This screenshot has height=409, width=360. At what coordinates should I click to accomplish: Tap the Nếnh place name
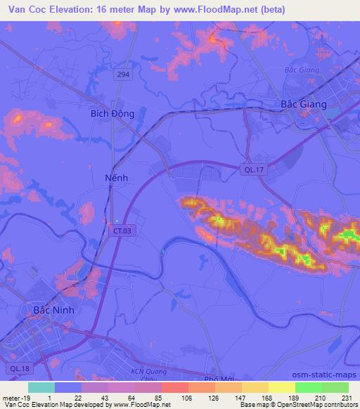[x=116, y=178]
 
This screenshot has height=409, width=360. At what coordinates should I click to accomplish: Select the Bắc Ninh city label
[x=54, y=310]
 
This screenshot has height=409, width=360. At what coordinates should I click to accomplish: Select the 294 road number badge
[x=124, y=74]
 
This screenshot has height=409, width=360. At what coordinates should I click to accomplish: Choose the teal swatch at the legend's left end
[x=41, y=387]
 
